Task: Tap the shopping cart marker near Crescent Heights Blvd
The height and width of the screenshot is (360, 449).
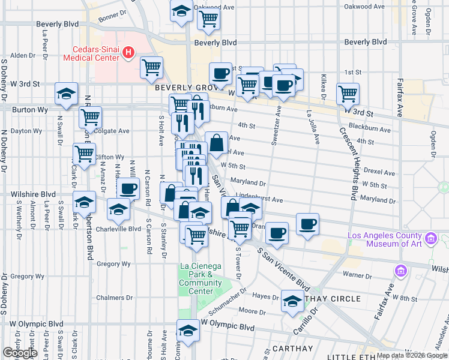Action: (x=348, y=93)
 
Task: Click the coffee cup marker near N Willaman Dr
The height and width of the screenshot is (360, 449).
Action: (x=127, y=188)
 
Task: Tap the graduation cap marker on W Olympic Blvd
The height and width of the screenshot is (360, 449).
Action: (x=188, y=331)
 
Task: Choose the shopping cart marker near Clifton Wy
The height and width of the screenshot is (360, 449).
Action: (x=84, y=154)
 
